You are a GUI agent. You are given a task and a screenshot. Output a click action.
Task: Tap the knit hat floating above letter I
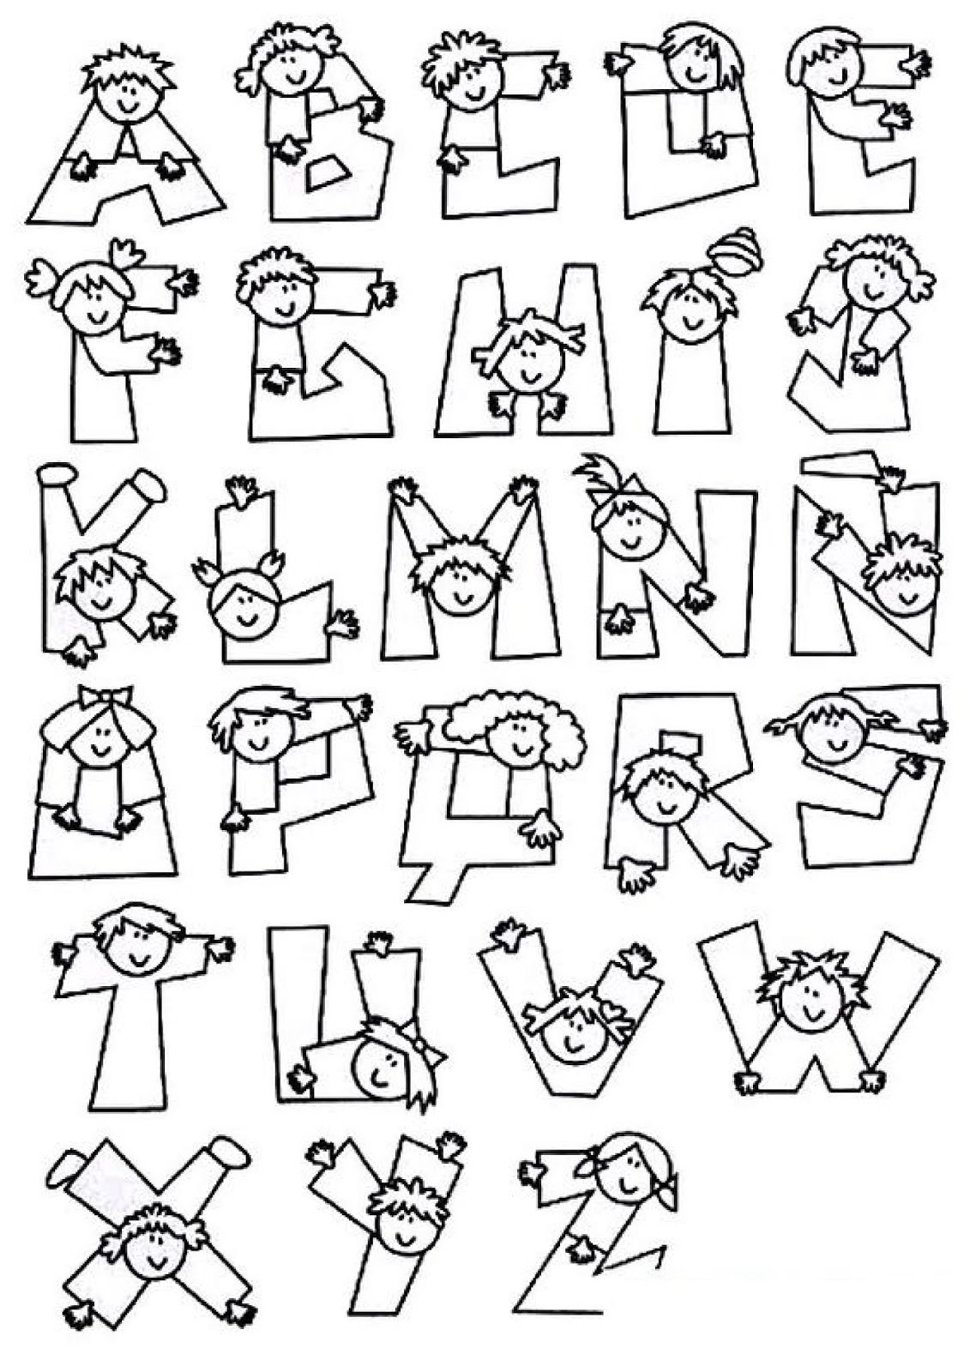735,250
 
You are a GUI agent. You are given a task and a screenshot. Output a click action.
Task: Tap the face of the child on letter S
833,737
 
